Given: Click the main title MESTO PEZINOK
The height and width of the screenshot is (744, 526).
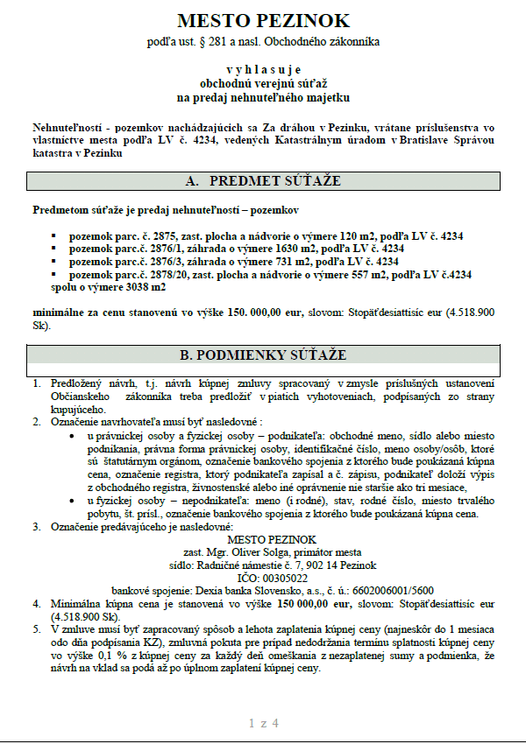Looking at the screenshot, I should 262,20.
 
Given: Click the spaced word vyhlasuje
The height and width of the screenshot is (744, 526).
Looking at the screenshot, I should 263,68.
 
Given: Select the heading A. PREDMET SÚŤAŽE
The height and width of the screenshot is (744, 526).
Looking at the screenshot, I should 263,181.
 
